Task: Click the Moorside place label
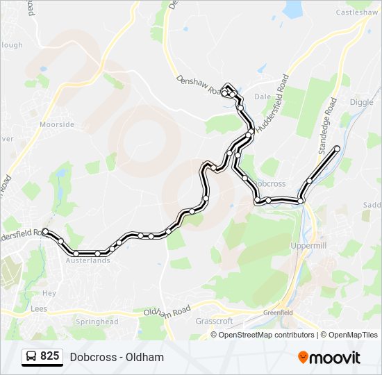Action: tap(56, 125)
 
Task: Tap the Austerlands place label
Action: tap(88, 261)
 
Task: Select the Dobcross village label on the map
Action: tap(269, 184)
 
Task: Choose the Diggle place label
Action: tap(361, 102)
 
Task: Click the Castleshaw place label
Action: tap(356, 12)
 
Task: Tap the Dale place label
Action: tap(262, 97)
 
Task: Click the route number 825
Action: tap(49, 356)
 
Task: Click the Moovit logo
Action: tap(329, 357)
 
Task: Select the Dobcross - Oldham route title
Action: tap(117, 357)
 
